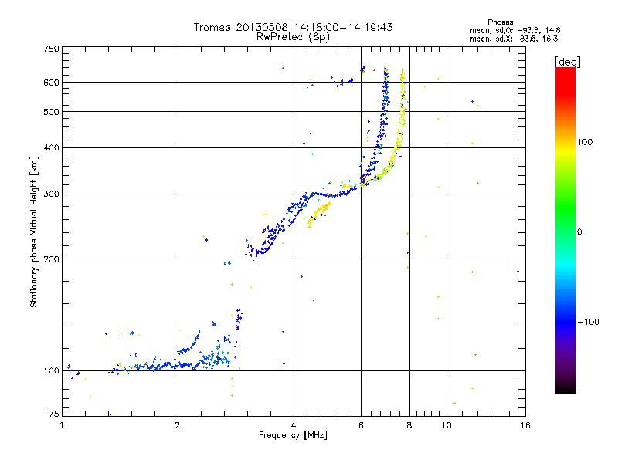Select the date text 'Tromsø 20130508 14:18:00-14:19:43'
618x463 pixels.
click(x=293, y=26)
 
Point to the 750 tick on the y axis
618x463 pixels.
click(x=52, y=48)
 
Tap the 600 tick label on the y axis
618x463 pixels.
click(x=52, y=83)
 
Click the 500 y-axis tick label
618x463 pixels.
click(x=52, y=112)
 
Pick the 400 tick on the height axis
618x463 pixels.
click(x=52, y=147)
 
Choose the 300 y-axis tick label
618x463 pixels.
click(x=52, y=194)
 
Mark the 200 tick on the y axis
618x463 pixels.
click(x=52, y=259)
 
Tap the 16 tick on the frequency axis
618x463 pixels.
click(x=525, y=424)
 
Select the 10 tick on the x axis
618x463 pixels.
click(x=446, y=424)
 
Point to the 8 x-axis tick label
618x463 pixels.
click(x=409, y=424)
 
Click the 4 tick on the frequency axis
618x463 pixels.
click(x=294, y=424)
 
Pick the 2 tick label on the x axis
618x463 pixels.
click(x=178, y=424)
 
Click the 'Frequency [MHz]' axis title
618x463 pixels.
click(x=293, y=435)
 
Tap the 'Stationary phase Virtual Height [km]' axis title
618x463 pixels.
click(x=34, y=231)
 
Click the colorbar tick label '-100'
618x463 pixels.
click(x=589, y=322)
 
